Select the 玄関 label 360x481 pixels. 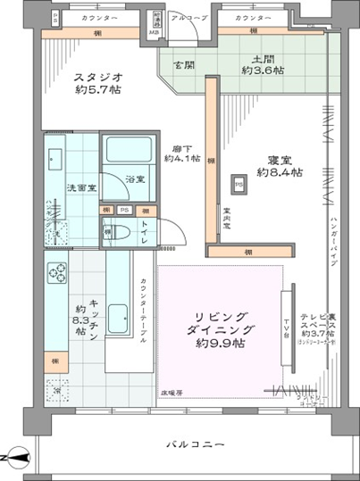(184, 65)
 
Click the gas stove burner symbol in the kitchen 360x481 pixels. (59, 271)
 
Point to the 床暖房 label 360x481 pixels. (171, 392)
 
